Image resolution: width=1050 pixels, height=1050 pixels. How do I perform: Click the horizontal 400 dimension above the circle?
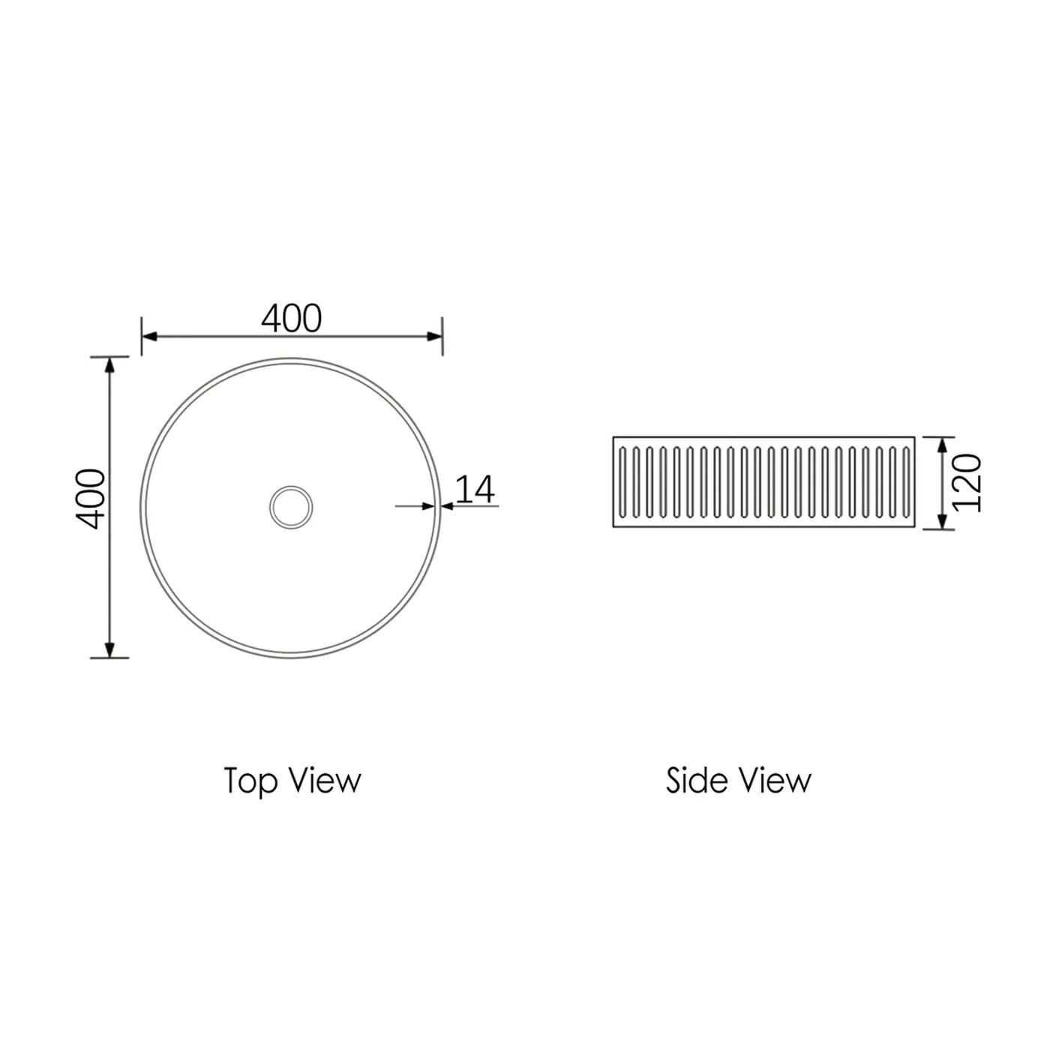click(292, 319)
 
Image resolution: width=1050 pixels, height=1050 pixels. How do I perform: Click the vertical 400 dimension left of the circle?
click(92, 499)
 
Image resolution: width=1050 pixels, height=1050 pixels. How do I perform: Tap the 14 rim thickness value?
click(475, 489)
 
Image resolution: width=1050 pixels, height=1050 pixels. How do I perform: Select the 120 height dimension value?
click(967, 482)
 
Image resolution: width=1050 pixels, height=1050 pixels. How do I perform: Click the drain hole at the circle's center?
click(291, 507)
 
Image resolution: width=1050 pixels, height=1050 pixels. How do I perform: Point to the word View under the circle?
click(325, 781)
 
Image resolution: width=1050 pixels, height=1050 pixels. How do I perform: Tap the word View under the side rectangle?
click(775, 781)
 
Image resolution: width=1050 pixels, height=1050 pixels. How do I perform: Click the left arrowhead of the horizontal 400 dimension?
click(148, 336)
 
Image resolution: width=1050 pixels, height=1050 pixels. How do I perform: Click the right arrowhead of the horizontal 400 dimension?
click(435, 336)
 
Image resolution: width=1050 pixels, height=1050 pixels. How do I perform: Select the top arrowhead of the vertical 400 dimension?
click(110, 364)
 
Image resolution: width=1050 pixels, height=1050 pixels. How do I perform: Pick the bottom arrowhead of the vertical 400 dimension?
click(110, 649)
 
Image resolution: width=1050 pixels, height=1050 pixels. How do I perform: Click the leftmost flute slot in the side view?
click(622, 482)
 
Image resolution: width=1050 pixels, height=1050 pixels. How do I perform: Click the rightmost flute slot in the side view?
click(906, 482)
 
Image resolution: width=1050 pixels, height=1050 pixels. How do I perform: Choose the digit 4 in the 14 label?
click(484, 489)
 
